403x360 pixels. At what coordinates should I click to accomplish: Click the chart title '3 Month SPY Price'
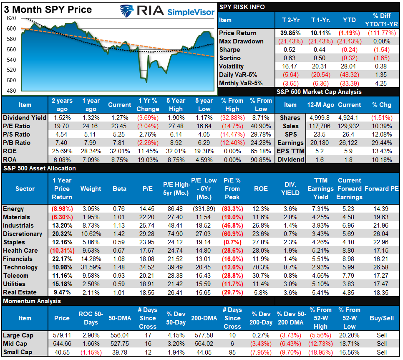(48, 9)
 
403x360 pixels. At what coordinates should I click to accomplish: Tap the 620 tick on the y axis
(11, 18)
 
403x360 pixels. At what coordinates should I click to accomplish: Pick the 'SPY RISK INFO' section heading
(242, 7)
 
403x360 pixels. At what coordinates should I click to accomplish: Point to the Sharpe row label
(230, 50)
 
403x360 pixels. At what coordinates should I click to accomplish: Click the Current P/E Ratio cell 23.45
(119, 126)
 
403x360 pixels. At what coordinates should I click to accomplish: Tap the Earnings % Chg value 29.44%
(381, 143)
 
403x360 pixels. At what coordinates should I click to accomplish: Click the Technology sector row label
(20, 267)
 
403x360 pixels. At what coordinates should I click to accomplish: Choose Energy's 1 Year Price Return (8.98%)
(62, 209)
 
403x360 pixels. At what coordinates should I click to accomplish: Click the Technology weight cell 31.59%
(91, 267)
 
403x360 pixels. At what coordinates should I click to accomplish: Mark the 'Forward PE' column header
(381, 189)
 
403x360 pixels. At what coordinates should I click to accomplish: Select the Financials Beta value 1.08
(119, 259)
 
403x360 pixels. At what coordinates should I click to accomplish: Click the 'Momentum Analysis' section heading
(32, 301)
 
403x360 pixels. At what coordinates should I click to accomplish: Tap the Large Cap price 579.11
(62, 335)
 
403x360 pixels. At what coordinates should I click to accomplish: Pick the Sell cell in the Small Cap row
(381, 352)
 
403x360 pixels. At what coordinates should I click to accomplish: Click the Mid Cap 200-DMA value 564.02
(204, 344)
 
